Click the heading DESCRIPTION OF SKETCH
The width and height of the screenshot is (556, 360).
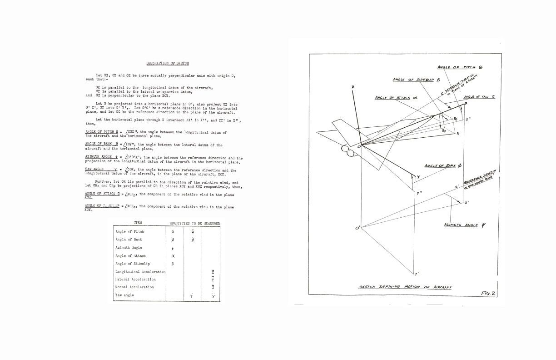pyautogui.click(x=168, y=63)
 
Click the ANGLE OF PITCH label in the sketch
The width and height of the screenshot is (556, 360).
pyautogui.click(x=460, y=67)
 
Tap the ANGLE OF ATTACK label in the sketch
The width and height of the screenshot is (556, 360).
pyautogui.click(x=396, y=97)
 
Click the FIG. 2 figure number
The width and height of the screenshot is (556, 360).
pyautogui.click(x=488, y=293)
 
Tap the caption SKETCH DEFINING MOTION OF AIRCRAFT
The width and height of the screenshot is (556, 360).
pyautogui.click(x=405, y=287)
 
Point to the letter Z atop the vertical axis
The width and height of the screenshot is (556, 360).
pyautogui.click(x=353, y=87)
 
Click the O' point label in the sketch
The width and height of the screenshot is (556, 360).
pyautogui.click(x=357, y=228)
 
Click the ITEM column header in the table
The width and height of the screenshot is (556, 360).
pyautogui.click(x=138, y=223)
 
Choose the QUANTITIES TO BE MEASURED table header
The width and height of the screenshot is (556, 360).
pyautogui.click(x=195, y=223)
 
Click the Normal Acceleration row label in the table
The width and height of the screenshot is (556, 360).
pyautogui.click(x=134, y=287)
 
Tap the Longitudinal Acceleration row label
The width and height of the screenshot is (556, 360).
pyautogui.click(x=140, y=272)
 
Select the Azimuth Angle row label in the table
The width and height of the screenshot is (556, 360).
pyautogui.click(x=129, y=248)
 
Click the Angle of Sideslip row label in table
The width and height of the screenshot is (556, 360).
pyautogui.click(x=133, y=264)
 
